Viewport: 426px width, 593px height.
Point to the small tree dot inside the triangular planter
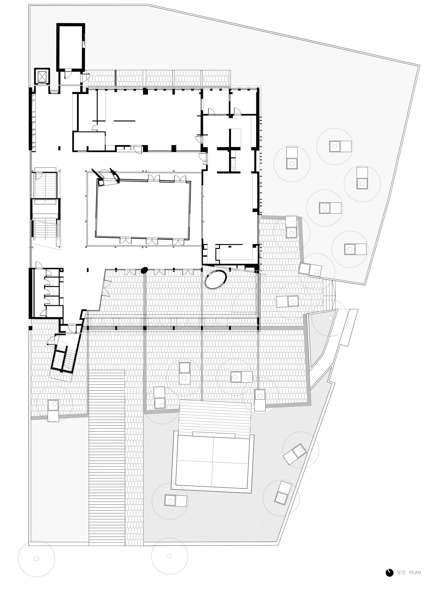click(330, 318)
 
